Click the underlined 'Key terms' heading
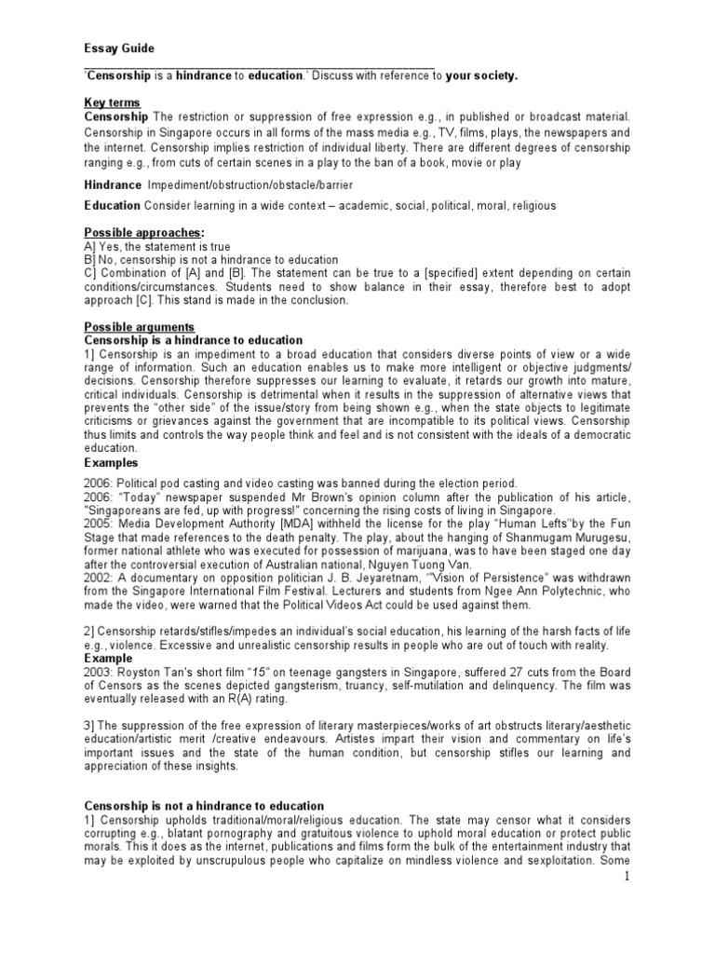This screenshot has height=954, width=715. [x=112, y=102]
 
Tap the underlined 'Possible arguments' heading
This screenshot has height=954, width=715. [x=139, y=327]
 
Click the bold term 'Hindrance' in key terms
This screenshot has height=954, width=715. [x=113, y=185]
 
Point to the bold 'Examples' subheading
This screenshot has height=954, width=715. [x=111, y=462]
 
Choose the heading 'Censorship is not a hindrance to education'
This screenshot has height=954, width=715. [x=204, y=805]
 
